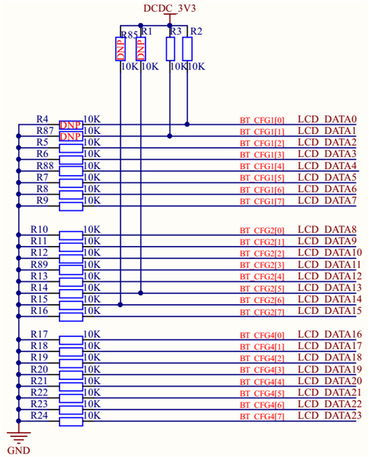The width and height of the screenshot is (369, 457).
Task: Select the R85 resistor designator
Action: click(129, 33)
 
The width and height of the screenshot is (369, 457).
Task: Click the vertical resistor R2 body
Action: click(187, 49)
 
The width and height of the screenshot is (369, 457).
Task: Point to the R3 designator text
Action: click(175, 32)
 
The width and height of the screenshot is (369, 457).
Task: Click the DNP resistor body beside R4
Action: click(71, 125)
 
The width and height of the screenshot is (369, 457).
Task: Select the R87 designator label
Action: click(45, 131)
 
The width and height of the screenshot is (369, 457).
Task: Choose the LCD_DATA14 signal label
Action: click(329, 299)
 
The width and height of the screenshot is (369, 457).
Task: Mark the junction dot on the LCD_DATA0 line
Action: click(187, 125)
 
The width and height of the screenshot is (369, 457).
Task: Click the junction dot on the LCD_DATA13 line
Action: click(141, 292)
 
